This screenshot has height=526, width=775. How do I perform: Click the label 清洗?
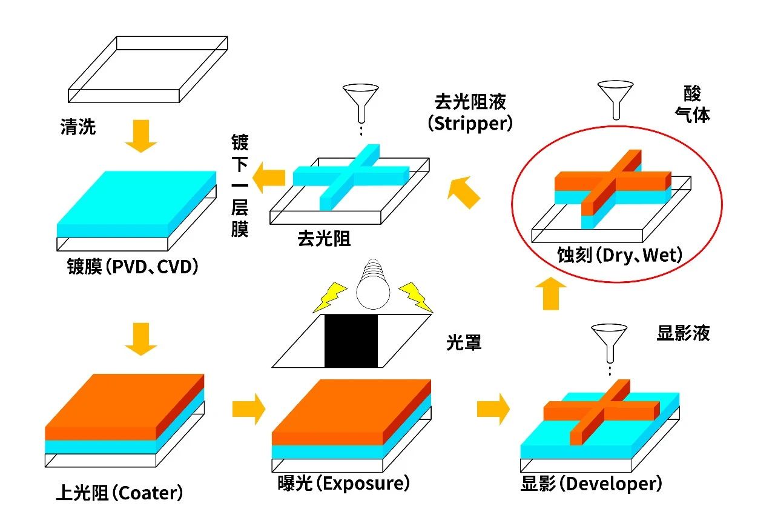pos(78,127)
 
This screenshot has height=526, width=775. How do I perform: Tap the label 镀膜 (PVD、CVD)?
pos(133,267)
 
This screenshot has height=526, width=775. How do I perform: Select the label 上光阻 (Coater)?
pos(119,493)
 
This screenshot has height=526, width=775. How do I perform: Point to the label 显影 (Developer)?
pos(591,484)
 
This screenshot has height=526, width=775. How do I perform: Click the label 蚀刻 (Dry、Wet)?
pos(619,255)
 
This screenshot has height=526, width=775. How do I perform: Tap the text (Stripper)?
pos(470,123)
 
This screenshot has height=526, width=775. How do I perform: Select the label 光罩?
pos(464,343)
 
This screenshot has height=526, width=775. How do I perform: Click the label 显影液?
pos(683,333)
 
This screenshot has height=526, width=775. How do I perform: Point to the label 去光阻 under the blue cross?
pos(324,238)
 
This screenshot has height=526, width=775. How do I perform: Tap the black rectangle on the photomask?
pos(351,341)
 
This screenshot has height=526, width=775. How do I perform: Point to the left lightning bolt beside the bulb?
pos(331,298)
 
